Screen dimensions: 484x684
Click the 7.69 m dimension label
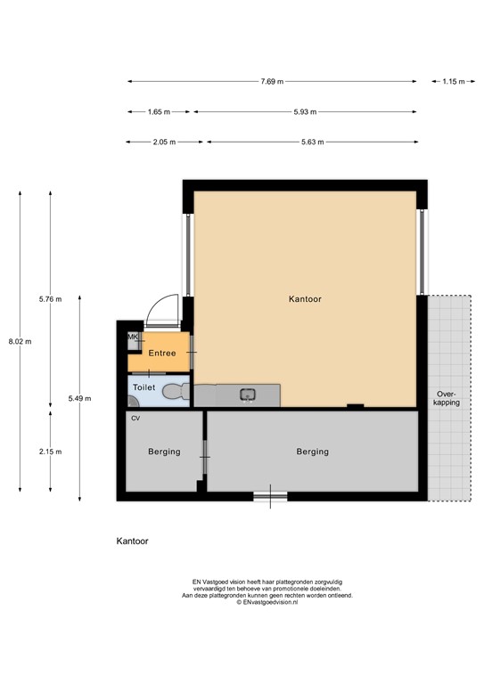(x=272, y=82)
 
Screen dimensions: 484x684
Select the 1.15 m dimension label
(x=454, y=82)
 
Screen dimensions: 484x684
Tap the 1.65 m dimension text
(x=159, y=112)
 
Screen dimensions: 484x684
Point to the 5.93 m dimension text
(x=305, y=112)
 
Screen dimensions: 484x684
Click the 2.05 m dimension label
(x=164, y=142)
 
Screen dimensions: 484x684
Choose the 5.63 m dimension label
(x=313, y=142)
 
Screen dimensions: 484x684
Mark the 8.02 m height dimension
(x=21, y=342)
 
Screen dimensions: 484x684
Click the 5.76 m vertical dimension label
(x=50, y=299)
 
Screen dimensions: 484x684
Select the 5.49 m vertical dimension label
(x=80, y=398)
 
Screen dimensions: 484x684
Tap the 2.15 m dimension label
(x=50, y=452)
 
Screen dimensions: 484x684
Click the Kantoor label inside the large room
(x=305, y=299)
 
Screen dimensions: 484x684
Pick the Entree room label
(x=162, y=354)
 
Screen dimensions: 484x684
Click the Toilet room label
(x=144, y=387)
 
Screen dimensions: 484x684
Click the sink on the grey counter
(x=248, y=395)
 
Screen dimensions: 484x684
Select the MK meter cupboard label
(x=133, y=337)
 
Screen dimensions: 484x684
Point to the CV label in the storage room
(x=135, y=419)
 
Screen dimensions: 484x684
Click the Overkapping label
(x=447, y=398)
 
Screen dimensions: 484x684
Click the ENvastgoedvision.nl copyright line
(x=267, y=602)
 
